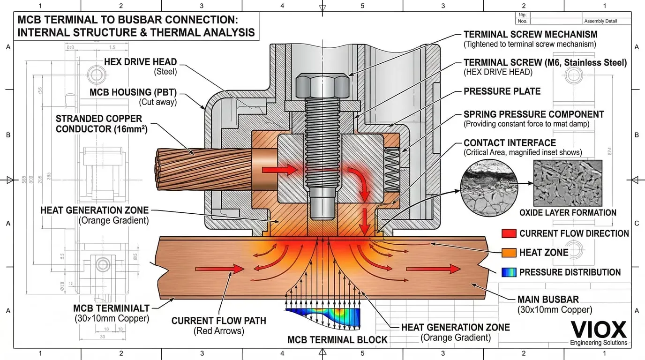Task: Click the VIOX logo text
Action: click(598, 330)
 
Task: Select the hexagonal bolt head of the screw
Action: click(322, 86)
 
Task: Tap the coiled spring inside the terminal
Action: click(392, 170)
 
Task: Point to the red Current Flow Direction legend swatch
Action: click(509, 233)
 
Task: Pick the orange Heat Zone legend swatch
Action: click(509, 253)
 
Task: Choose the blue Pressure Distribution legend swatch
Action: click(509, 272)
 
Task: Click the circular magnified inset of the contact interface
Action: click(487, 186)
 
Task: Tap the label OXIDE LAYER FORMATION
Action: click(568, 213)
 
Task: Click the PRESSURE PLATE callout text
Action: click(502, 91)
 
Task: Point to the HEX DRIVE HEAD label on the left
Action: click(140, 62)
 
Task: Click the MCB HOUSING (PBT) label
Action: click(133, 92)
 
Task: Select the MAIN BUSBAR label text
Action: click(548, 299)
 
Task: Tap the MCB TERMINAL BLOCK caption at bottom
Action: click(337, 340)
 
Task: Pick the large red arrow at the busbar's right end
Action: click(433, 269)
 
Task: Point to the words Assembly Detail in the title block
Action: click(600, 21)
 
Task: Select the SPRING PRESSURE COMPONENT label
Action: click(533, 114)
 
